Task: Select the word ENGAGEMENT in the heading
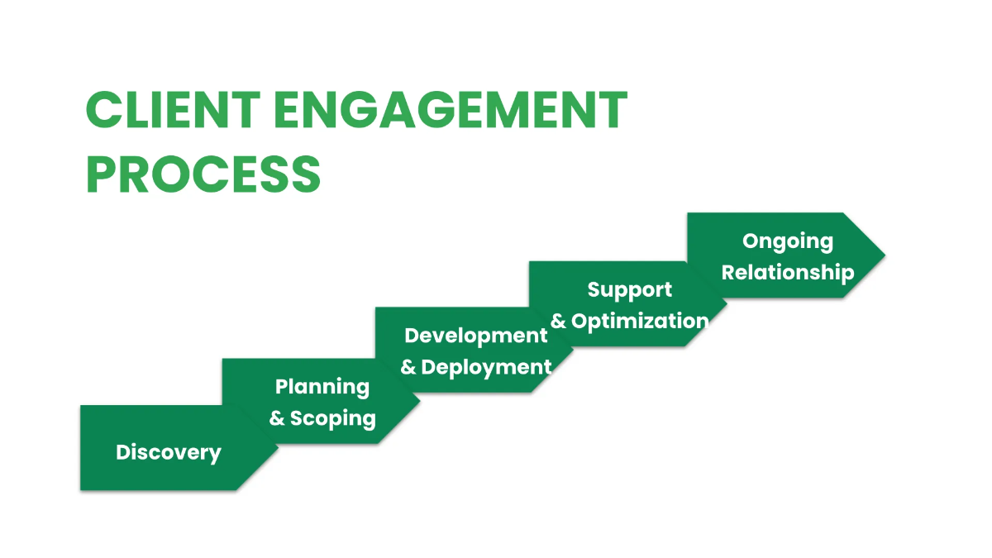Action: [451, 110]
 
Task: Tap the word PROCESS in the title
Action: [203, 174]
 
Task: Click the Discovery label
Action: [169, 452]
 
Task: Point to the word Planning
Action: [322, 387]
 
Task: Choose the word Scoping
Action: [333, 418]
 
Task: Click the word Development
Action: [476, 336]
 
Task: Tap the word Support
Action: [630, 290]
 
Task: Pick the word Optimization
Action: [640, 321]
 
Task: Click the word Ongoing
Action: [788, 241]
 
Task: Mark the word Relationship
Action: [788, 272]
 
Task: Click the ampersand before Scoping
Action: [277, 418]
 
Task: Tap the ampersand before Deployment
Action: [408, 367]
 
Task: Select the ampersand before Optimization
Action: [559, 321]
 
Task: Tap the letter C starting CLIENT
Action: [103, 110]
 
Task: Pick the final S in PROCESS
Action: [303, 174]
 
